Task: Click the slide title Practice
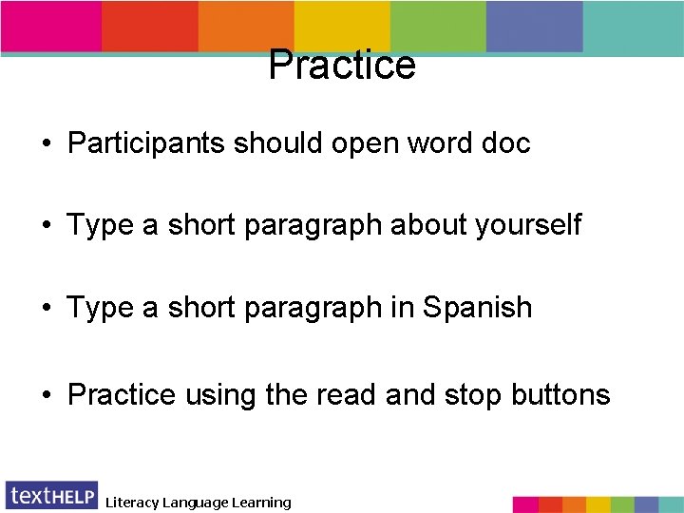342,65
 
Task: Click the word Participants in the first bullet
146,143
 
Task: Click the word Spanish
478,308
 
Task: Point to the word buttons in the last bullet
560,394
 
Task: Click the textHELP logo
51,496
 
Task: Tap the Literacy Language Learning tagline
198,503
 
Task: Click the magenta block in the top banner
51,26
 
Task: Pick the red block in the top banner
149,26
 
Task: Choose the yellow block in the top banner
342,26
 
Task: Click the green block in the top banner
438,26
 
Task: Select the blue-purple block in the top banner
534,26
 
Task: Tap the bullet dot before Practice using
46,395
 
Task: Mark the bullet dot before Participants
46,144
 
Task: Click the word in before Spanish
402,308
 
